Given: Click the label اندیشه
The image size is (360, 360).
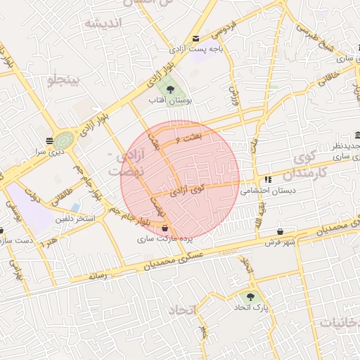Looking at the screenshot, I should tap(103, 23).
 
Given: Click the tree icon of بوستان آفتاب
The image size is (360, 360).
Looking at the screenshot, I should tap(170, 89).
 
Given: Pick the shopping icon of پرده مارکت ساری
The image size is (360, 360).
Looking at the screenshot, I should tap(165, 229).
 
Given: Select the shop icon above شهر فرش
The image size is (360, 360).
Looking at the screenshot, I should tap(281, 231).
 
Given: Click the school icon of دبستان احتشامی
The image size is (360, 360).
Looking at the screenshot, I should tap(268, 179).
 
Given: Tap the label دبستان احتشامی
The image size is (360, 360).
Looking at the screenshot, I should tap(268, 190).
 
